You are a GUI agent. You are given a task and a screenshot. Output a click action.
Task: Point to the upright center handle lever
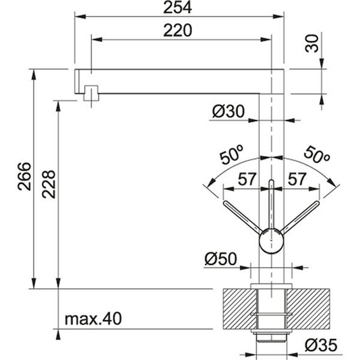pyautogui.click(x=272, y=204)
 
